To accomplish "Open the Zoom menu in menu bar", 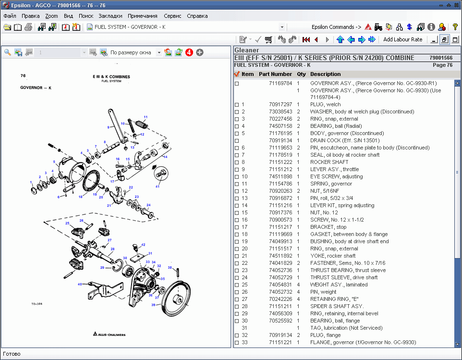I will pos(51,16).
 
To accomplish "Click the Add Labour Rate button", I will pos(402,39).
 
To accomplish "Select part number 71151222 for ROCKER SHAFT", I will pos(280,162).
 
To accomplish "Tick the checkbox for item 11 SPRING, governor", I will pos(236,184).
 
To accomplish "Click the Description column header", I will pos(325,74).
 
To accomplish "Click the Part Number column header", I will pos(275,74).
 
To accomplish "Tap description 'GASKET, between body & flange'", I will pos(349,234).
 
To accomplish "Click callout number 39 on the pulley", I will pos(153,305).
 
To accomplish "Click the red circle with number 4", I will pos(189,52).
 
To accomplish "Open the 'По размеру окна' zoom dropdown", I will pos(159,52).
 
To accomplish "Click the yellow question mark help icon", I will pos(455,27).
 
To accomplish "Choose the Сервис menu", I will pos(172,16).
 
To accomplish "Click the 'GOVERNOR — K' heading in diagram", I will pos(36,88).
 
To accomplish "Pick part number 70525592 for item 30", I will pos(280,321).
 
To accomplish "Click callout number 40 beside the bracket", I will pos(80,284).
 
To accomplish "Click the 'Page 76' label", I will pos(442,65).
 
